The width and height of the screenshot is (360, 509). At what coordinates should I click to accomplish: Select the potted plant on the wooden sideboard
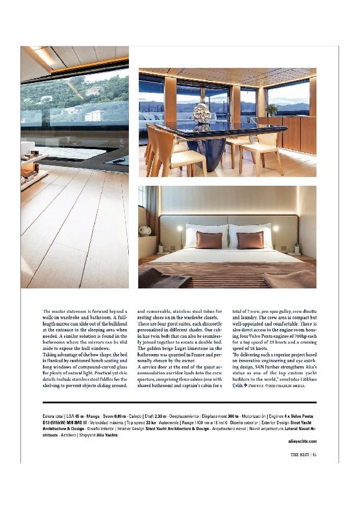272,109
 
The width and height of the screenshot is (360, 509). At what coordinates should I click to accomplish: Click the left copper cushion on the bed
209,240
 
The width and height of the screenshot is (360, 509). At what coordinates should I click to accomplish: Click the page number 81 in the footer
314,454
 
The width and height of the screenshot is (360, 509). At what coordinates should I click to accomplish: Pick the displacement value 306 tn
233,417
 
